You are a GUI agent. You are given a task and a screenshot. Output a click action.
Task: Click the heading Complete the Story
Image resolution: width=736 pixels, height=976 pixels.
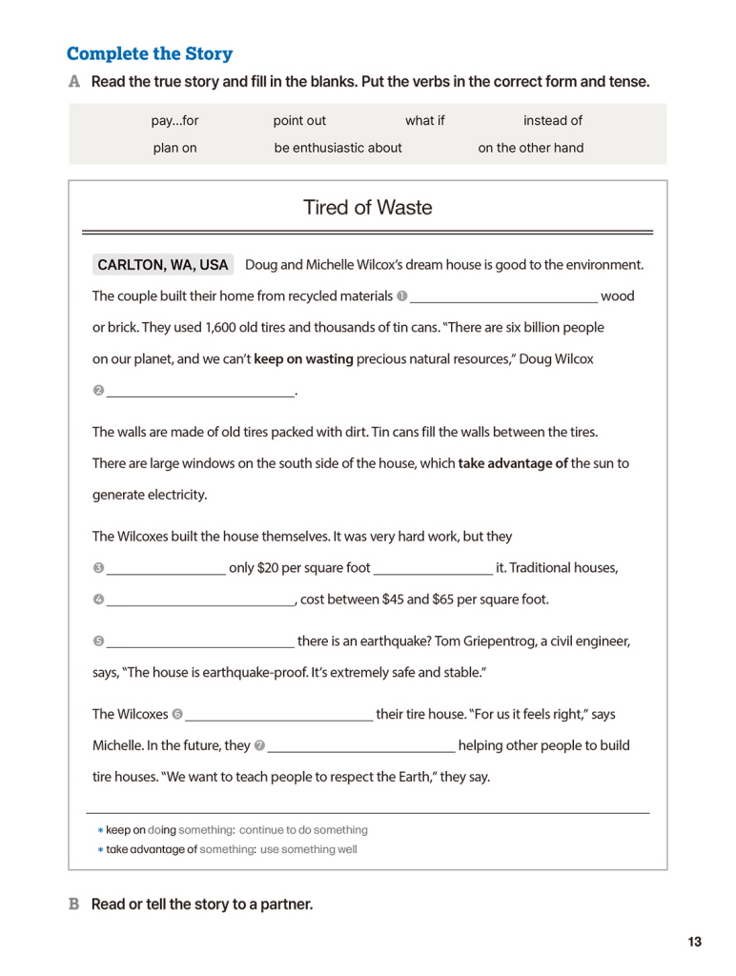pos(150,53)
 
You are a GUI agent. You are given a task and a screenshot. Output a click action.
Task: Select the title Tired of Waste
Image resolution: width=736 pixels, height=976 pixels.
pos(367,207)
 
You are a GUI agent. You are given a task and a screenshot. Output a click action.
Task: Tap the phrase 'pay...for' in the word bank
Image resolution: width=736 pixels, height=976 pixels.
pos(174,121)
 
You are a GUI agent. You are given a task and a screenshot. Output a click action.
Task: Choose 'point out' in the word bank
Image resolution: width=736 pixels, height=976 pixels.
pos(299,121)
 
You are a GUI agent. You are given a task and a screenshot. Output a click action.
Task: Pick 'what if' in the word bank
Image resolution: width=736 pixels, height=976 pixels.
pos(424,121)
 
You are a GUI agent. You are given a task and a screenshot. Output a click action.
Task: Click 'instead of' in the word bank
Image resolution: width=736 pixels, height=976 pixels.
pos(552,121)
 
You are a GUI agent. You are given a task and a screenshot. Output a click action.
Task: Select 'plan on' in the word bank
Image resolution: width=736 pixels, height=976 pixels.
pos(174,148)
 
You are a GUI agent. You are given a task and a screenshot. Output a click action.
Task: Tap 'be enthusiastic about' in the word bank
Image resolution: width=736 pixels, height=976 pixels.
pos(337,148)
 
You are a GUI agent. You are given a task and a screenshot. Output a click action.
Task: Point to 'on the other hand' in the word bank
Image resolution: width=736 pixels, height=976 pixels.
pos(530,148)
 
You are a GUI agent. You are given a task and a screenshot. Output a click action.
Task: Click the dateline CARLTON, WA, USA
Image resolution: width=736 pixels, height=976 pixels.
pos(163,265)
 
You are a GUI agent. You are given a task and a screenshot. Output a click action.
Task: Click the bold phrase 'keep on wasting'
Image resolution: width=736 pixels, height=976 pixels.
pos(303,359)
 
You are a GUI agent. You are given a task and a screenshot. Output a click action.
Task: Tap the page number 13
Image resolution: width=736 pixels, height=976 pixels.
pos(694,942)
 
